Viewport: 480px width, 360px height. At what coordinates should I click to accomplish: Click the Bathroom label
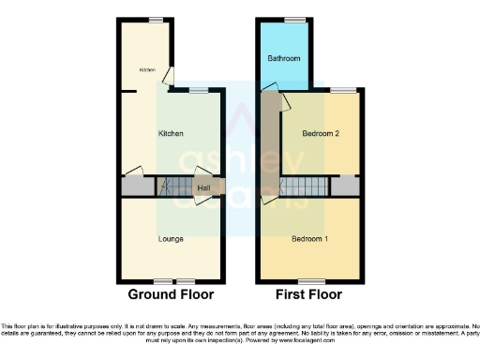point(283,58)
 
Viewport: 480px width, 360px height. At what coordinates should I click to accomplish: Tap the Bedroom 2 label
point(320,134)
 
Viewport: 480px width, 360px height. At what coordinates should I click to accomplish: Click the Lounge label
point(170,239)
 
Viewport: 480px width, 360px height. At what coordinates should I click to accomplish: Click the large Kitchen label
point(170,134)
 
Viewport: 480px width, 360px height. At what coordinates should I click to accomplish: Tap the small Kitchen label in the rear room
point(147,70)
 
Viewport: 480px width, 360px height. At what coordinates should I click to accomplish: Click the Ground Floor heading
point(171,294)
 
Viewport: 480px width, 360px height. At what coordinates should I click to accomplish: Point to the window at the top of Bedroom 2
point(341,90)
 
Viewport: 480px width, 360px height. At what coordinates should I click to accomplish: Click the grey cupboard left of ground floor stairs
point(134,187)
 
